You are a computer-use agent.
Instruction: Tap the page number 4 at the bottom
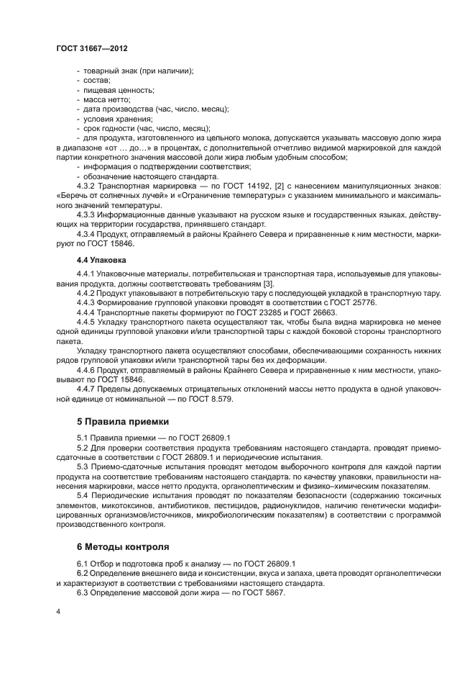tap(57, 611)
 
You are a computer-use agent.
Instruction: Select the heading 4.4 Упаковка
tap(101, 259)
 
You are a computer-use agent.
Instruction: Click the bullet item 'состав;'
tap(96, 81)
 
